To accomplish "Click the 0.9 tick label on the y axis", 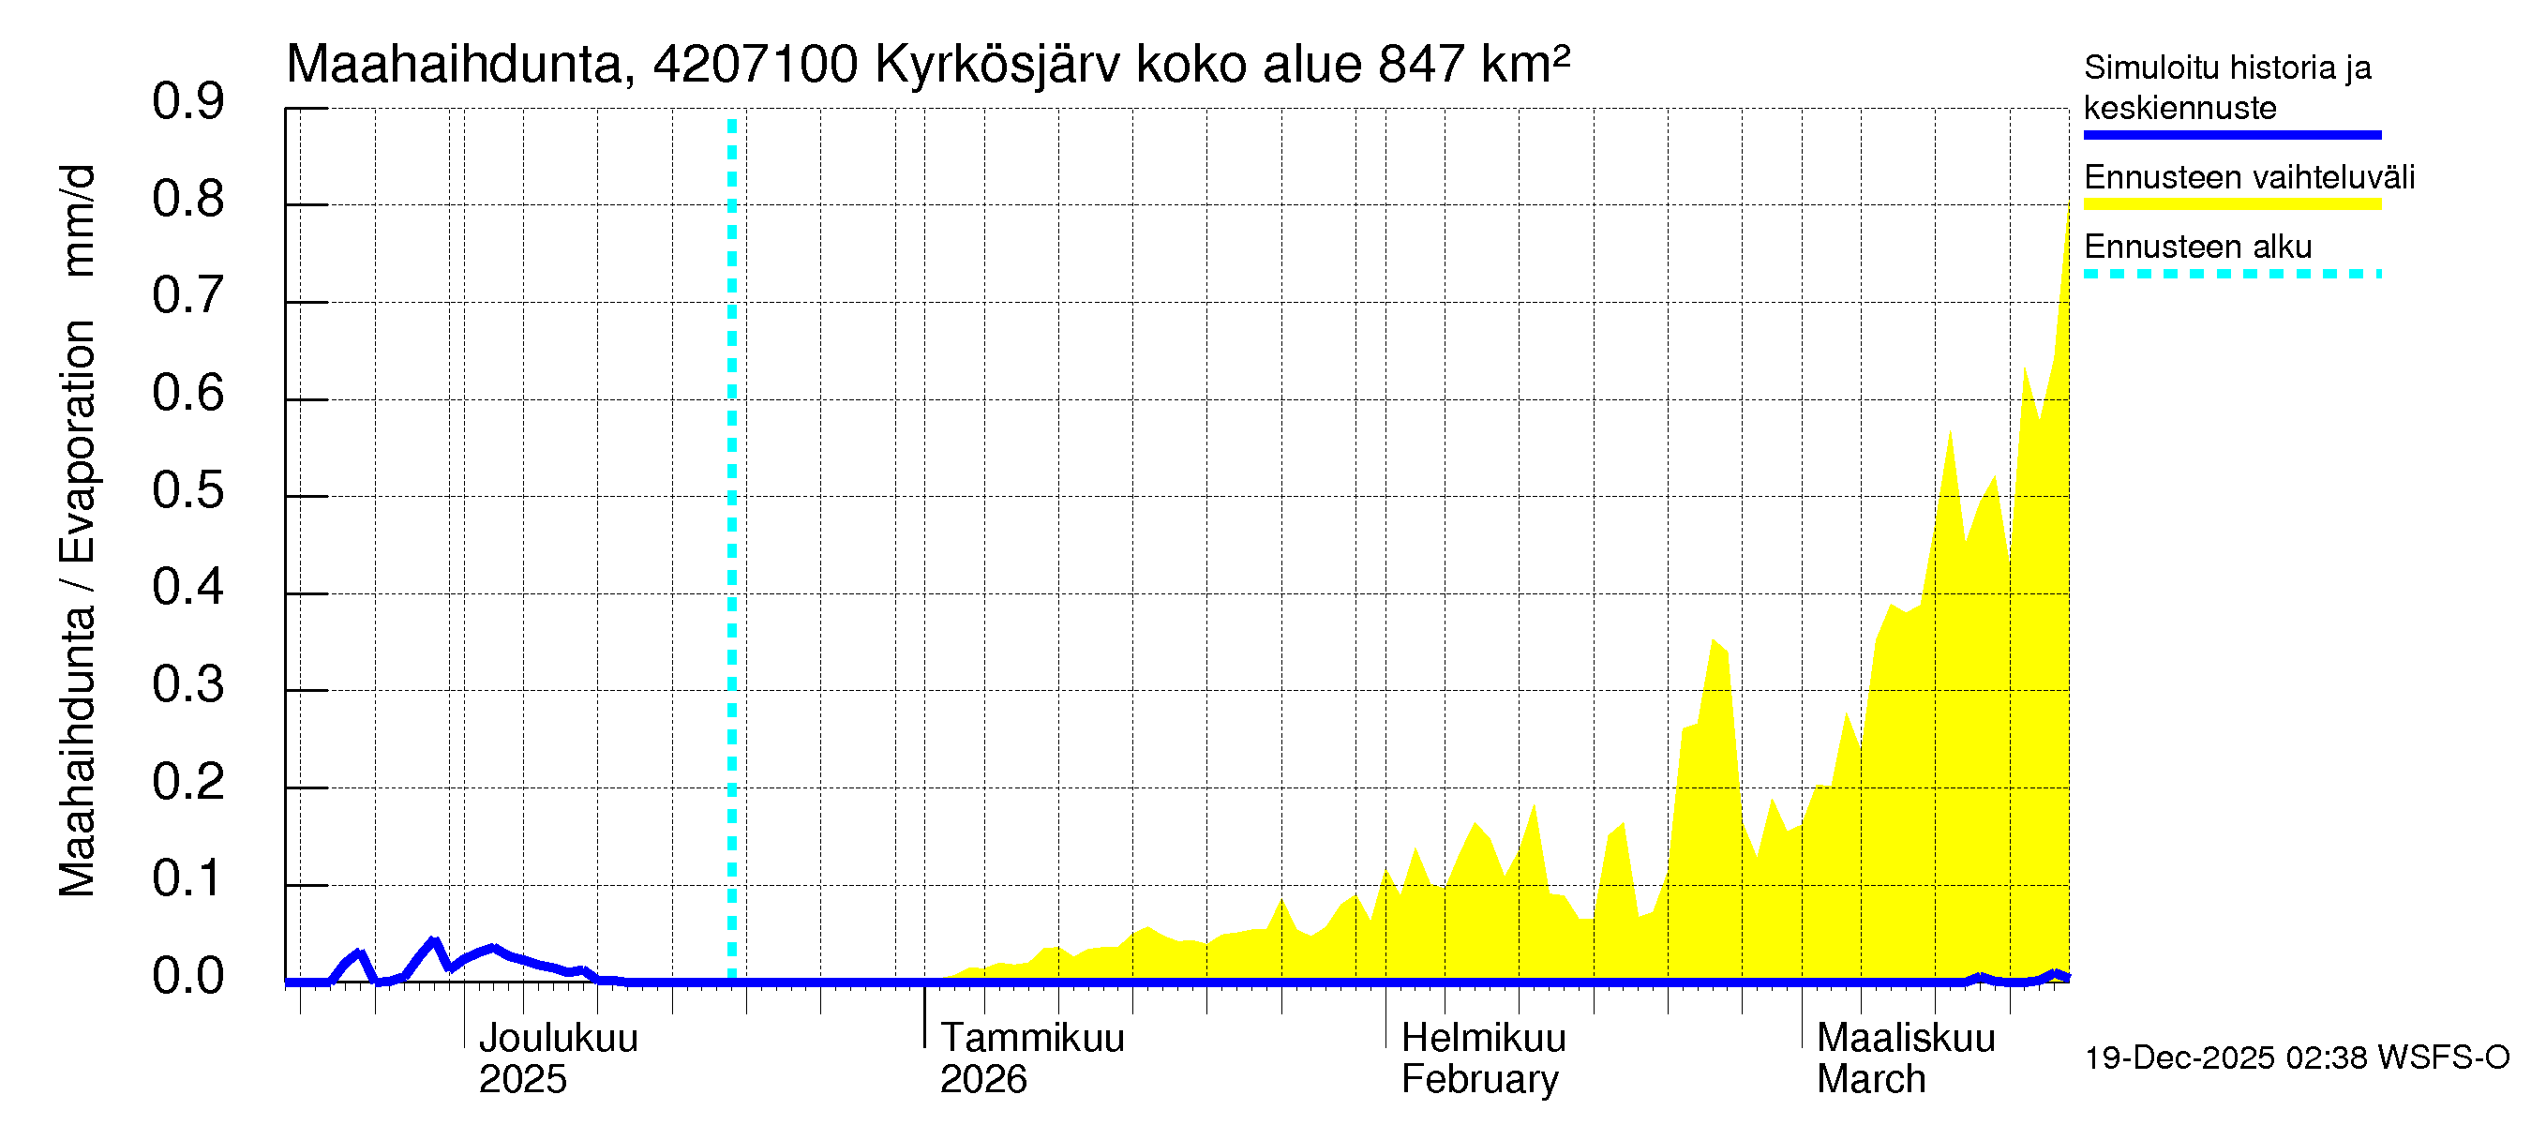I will click(x=187, y=101).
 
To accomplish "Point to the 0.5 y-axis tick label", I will click(x=187, y=490).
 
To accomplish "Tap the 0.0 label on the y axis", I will click(x=187, y=977).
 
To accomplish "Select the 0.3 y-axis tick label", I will click(x=187, y=684).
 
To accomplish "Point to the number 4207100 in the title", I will click(x=756, y=65).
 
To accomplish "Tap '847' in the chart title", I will click(x=1422, y=65).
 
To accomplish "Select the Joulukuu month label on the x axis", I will click(x=558, y=1039).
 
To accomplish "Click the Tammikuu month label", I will click(x=1032, y=1039).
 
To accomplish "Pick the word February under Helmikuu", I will click(x=1479, y=1080).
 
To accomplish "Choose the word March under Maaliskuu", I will click(x=1871, y=1080).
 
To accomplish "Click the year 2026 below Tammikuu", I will click(x=982, y=1080).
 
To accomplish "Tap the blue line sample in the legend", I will click(x=2231, y=135).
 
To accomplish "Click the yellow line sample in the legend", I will click(x=2231, y=204).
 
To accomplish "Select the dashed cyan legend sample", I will click(x=2231, y=274).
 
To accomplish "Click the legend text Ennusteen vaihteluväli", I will click(x=2249, y=178).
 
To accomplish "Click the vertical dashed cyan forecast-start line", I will click(x=732, y=550).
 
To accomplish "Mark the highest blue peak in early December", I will click(x=433, y=941).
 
